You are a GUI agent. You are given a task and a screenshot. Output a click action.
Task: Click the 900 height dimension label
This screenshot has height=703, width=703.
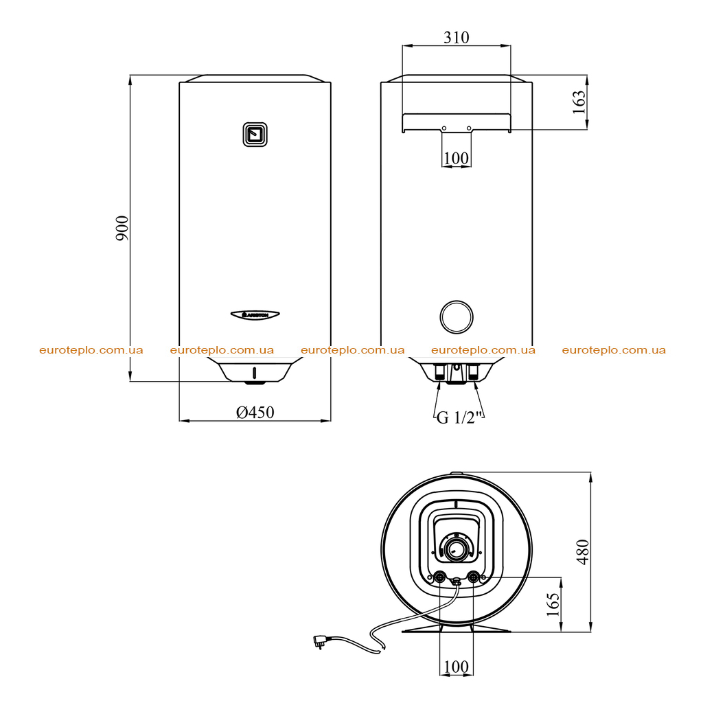[122, 228]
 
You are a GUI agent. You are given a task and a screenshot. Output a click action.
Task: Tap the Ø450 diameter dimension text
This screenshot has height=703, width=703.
[255, 412]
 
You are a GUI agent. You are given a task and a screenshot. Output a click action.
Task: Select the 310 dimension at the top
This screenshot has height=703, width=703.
[457, 37]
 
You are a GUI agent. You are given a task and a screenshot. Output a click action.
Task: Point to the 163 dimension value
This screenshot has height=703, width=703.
[579, 102]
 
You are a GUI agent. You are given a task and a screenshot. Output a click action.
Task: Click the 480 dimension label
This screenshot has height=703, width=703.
[582, 552]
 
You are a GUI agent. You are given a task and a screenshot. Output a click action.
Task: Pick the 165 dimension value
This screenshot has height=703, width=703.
[553, 604]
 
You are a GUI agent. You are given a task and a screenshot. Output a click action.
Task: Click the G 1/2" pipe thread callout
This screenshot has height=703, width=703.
[459, 417]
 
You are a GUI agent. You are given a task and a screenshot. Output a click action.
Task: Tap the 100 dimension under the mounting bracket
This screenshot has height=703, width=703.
[456, 159]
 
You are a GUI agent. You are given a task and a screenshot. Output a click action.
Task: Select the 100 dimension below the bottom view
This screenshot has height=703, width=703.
[456, 667]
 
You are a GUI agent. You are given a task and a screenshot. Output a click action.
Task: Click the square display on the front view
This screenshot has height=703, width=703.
[255, 135]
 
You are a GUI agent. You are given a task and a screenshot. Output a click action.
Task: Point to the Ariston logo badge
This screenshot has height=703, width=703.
[255, 314]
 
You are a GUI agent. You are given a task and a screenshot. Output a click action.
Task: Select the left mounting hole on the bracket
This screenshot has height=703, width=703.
[444, 128]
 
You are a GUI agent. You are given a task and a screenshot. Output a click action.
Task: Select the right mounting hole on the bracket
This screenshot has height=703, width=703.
[469, 128]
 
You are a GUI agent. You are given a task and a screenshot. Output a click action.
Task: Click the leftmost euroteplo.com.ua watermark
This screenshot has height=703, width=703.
[91, 350]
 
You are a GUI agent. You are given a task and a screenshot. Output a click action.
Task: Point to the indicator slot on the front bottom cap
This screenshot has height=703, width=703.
[255, 372]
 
